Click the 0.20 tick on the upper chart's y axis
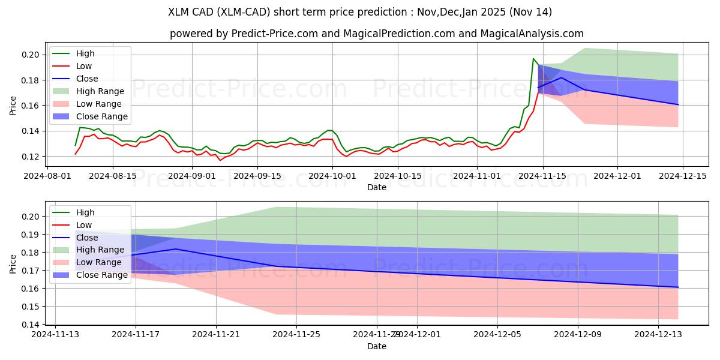coord(32,55)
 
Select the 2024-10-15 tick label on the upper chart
coord(395,176)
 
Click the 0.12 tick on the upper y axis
coord(32,157)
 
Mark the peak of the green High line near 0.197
coord(533,59)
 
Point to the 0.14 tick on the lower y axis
coord(32,325)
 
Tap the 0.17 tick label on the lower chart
coord(32,271)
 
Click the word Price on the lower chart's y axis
coord(13,264)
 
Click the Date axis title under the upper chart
coord(377,187)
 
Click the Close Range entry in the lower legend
coord(103,275)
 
